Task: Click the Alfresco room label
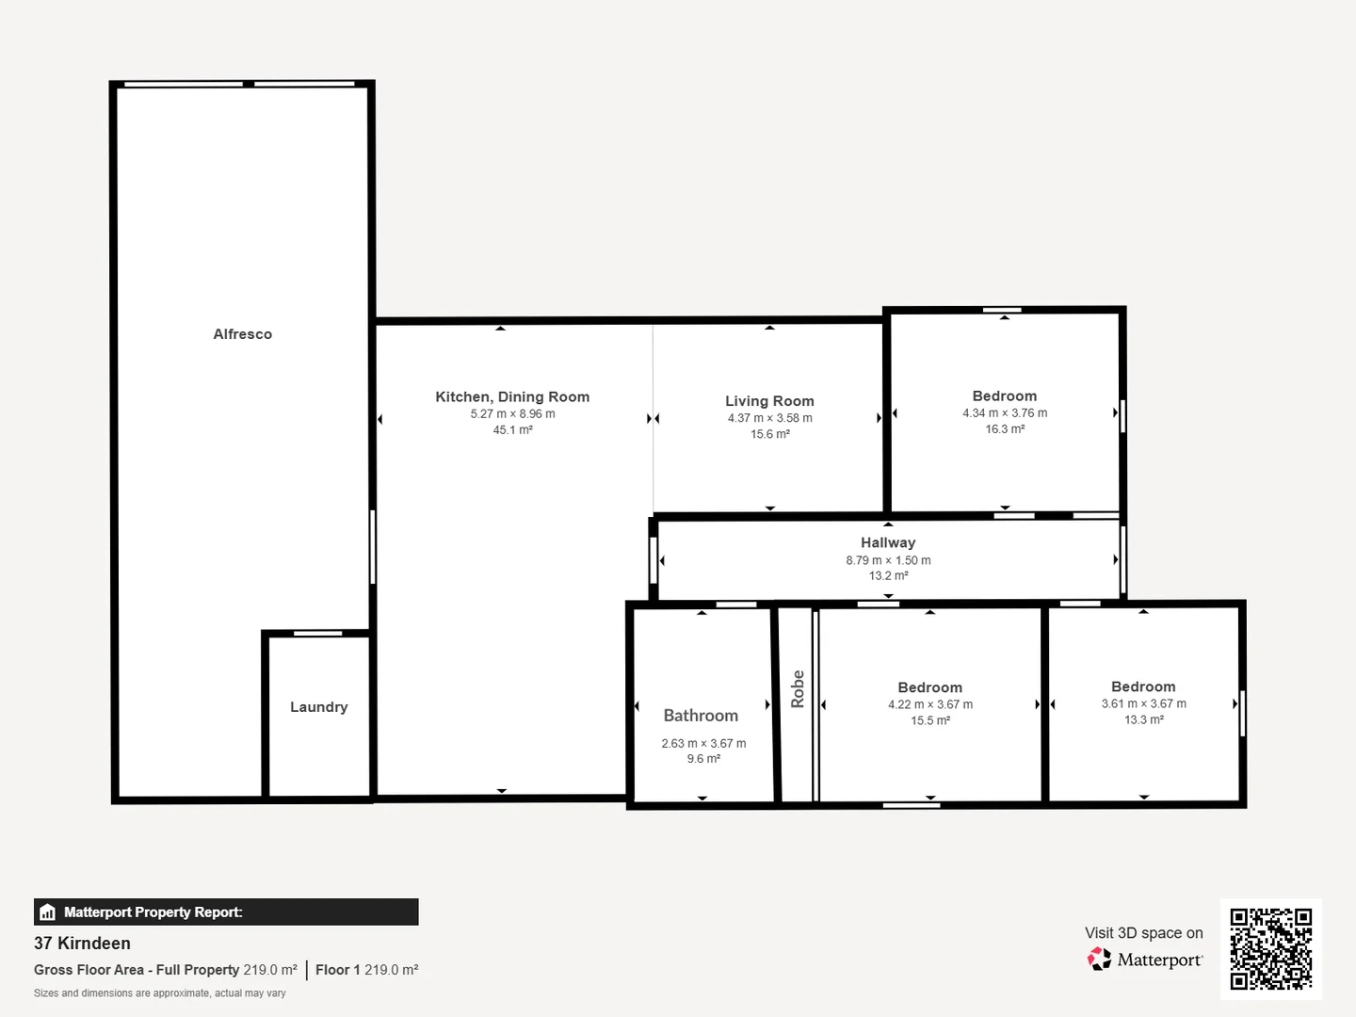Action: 242,334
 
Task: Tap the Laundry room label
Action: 318,707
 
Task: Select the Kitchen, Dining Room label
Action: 512,397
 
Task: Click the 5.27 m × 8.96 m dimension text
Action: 512,414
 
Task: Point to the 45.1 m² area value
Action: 512,430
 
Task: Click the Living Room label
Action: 769,401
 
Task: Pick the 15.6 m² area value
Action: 769,434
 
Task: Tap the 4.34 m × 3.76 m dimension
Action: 1005,413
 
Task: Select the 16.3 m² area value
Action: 1005,429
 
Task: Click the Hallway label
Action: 887,542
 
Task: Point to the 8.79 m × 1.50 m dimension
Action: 887,560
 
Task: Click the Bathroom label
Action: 701,716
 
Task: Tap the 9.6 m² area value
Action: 703,759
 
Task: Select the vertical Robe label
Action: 798,688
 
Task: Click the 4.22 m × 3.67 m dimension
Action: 929,704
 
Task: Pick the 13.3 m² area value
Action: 1143,719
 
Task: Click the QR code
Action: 1270,948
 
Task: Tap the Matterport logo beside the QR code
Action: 1145,960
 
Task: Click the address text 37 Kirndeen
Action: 82,944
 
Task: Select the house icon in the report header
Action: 48,912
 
